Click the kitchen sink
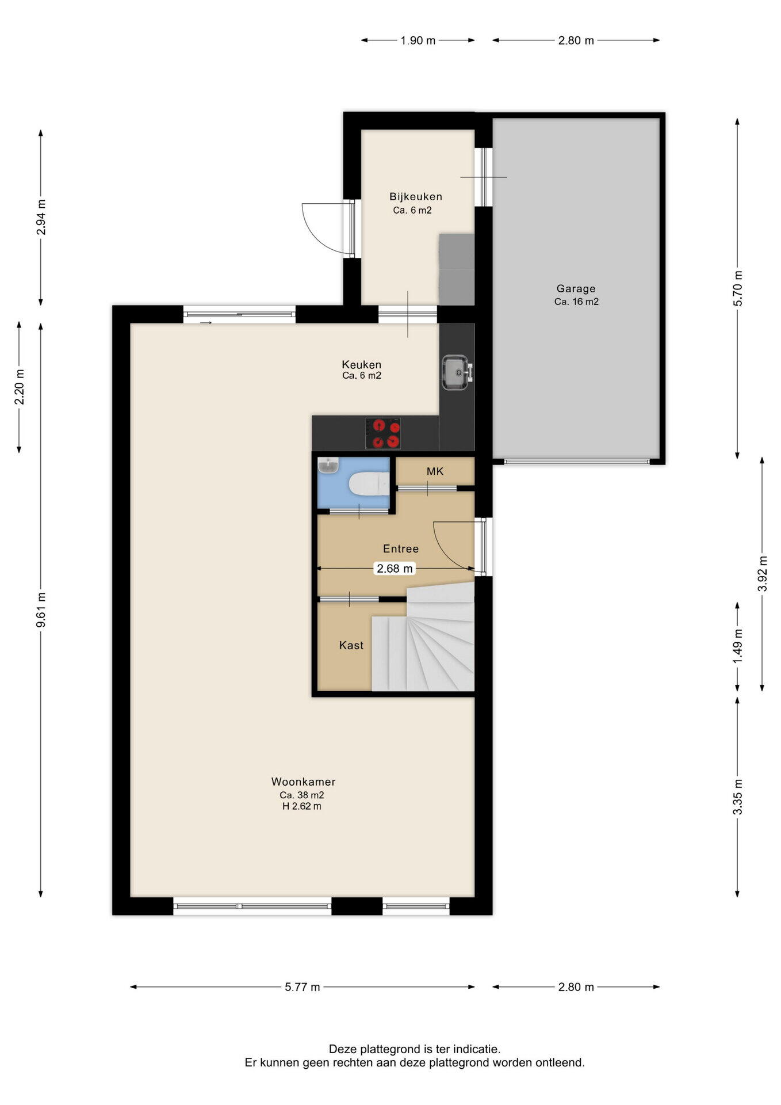[457, 372]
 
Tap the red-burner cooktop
[383, 433]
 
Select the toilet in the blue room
[369, 483]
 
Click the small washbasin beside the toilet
[328, 466]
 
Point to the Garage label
[576, 289]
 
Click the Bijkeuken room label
[416, 197]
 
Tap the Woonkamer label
[303, 782]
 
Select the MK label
[435, 472]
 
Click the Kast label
[351, 646]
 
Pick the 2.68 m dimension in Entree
[395, 569]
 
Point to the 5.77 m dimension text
[303, 987]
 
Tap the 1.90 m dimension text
[418, 40]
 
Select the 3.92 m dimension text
[763, 573]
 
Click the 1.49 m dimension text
[738, 646]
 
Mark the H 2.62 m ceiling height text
[302, 806]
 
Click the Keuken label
[362, 365]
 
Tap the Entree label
[401, 549]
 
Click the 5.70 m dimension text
[738, 288]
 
